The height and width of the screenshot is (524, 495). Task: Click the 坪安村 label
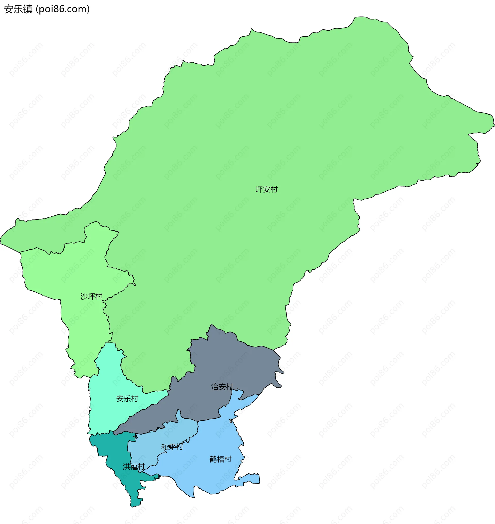[x=266, y=190]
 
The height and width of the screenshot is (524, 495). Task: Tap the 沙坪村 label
[x=91, y=297]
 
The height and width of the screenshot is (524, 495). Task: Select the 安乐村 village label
[x=127, y=399]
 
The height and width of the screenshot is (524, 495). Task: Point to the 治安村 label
[x=222, y=387]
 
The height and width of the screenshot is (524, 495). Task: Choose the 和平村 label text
[x=172, y=447]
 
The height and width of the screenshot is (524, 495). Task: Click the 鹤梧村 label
[x=220, y=459]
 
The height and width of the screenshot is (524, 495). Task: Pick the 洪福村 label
[x=134, y=467]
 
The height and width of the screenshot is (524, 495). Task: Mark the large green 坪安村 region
[x=264, y=132]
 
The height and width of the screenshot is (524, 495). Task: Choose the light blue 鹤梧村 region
[x=211, y=475]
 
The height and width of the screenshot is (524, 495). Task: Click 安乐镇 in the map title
[x=18, y=9]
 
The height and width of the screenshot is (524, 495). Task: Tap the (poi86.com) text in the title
[x=63, y=9]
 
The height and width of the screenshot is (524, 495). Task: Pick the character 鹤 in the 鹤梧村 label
[x=213, y=459]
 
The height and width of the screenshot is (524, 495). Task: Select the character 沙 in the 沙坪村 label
[x=84, y=297]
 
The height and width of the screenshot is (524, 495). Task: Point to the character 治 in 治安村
[x=215, y=387]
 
